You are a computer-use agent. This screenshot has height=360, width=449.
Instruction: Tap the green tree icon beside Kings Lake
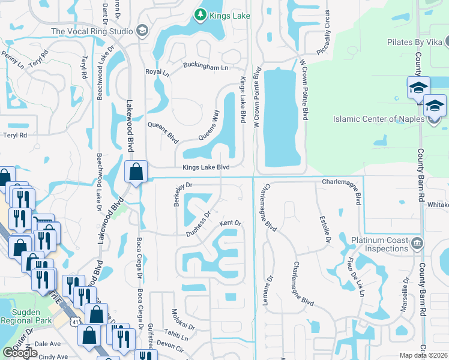point(199,14)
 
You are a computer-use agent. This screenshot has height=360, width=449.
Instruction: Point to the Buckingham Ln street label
point(206,68)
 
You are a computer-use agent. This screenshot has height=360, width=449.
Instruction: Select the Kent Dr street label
point(230,223)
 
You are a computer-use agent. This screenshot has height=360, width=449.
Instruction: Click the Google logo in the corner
point(20,353)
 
